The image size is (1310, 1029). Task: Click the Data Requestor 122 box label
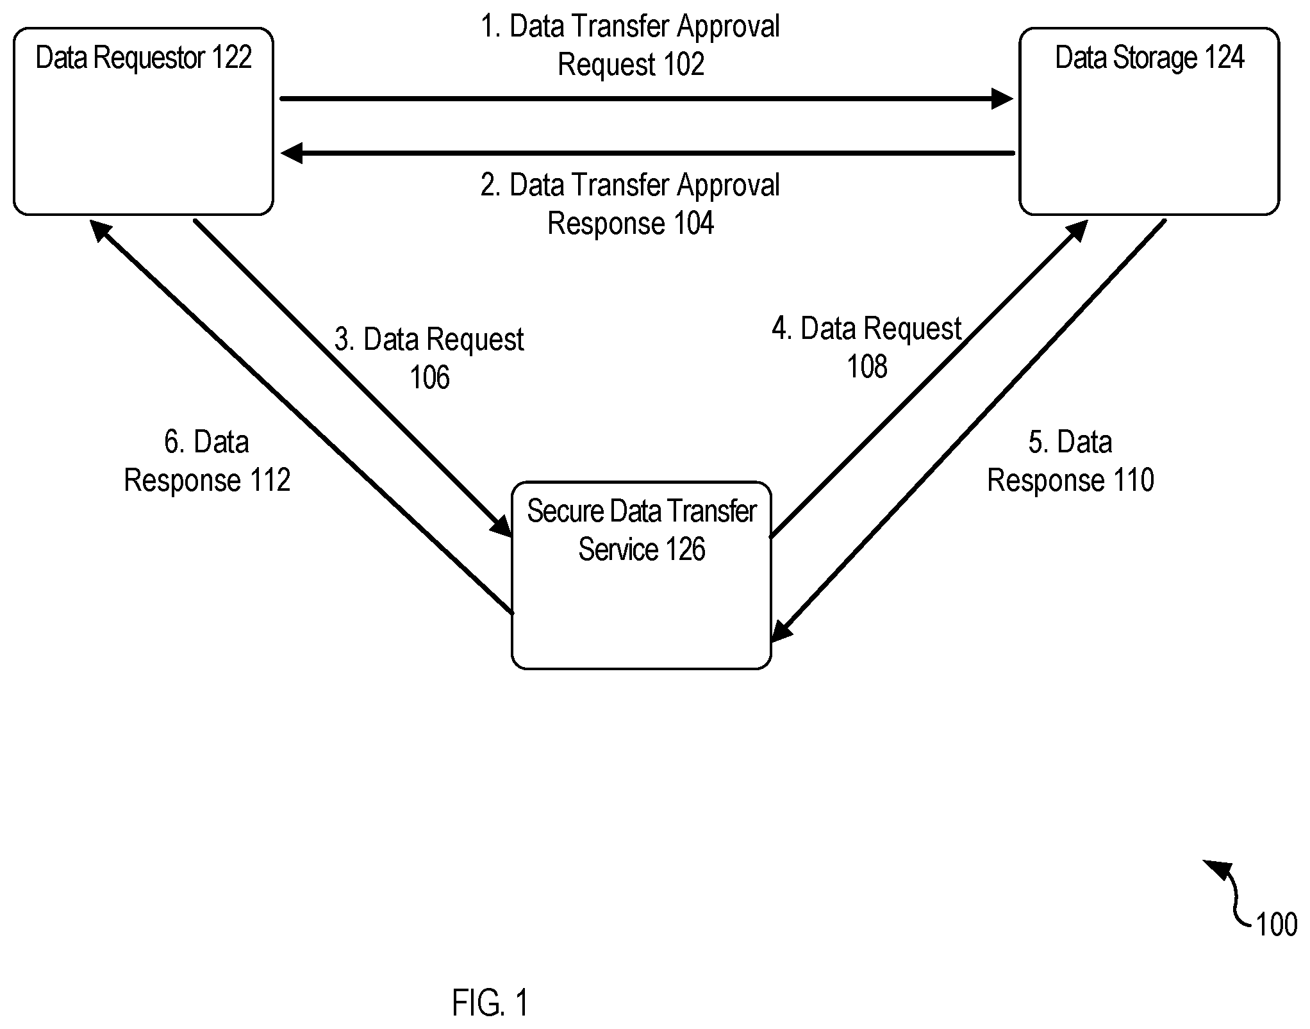pyautogui.click(x=144, y=58)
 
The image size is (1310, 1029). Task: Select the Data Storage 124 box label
pyautogui.click(x=1150, y=58)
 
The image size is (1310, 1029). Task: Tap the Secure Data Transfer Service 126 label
pyautogui.click(x=642, y=531)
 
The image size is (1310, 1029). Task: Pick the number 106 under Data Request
pyautogui.click(x=429, y=377)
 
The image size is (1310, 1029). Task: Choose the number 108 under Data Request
pyautogui.click(x=867, y=367)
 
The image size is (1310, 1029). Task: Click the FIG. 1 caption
pyautogui.click(x=490, y=1003)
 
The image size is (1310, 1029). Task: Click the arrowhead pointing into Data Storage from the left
pyautogui.click(x=1002, y=99)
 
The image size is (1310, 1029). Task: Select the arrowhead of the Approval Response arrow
pyautogui.click(x=292, y=153)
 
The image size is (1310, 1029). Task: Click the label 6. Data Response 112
pyautogui.click(x=207, y=461)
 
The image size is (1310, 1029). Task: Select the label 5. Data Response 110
pyautogui.click(x=1070, y=461)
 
